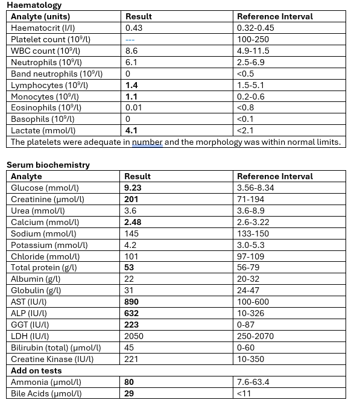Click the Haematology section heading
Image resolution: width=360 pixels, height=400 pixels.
point(34,5)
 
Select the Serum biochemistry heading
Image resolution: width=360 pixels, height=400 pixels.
point(48,165)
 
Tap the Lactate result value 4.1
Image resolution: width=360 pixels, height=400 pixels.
point(132,131)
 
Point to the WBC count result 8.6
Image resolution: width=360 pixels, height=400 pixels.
point(132,51)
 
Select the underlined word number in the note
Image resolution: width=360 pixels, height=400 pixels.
point(147,142)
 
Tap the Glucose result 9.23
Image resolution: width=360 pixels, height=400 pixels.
point(135,188)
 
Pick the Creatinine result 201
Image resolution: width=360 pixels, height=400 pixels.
point(132,199)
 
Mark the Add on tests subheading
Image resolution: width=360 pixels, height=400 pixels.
point(36,371)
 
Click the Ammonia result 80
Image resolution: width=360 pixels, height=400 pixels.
point(130,383)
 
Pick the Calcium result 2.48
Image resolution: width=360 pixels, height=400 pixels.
point(134,222)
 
